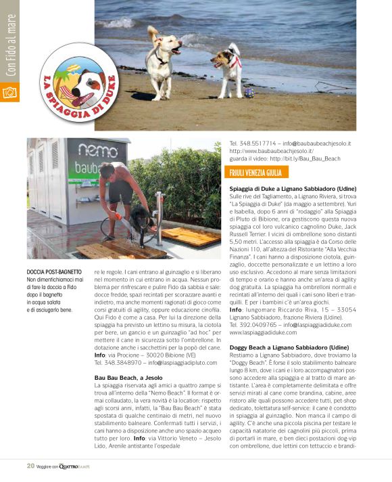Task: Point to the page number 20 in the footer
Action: (x=30, y=465)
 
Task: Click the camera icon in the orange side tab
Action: (x=9, y=92)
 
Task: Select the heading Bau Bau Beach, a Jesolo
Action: (x=128, y=376)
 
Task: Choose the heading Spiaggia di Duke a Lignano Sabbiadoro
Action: (x=293, y=188)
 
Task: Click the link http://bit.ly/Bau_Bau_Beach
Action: (x=307, y=158)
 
